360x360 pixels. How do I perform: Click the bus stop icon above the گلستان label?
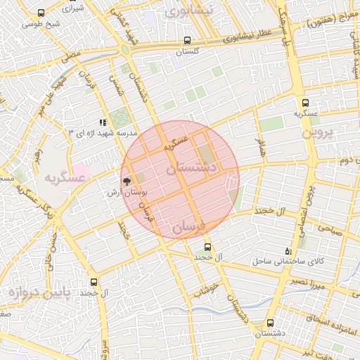(x=186, y=41)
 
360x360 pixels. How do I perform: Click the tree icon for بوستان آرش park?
(x=127, y=181)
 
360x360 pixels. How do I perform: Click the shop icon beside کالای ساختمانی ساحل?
(x=287, y=251)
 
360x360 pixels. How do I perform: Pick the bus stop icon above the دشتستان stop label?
(x=271, y=323)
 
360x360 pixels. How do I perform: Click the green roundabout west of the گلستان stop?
(x=125, y=49)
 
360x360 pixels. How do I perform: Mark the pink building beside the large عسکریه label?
(x=82, y=170)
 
